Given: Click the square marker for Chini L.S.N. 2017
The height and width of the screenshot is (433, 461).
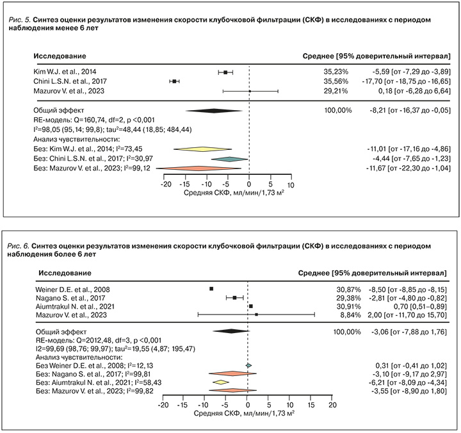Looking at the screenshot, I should [174, 81].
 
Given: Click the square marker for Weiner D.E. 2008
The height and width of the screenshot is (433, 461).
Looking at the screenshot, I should [212, 289].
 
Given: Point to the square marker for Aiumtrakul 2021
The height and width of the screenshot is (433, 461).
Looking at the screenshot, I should [250, 307].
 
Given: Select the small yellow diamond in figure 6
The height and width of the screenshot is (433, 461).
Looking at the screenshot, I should [221, 382].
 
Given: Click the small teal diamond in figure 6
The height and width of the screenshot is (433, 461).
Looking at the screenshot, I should [248, 364].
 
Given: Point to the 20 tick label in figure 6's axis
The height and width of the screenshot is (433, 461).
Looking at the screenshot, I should [332, 407].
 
